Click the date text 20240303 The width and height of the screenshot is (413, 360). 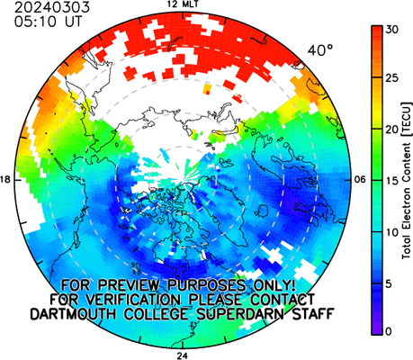52,7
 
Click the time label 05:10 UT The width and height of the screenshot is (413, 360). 48,22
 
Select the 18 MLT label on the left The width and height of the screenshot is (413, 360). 5,180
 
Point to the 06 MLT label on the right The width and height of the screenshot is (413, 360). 359,180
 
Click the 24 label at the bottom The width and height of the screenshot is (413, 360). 183,355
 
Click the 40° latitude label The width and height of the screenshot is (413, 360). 320,50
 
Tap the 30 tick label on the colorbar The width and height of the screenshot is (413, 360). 392,30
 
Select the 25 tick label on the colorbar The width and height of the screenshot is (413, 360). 392,78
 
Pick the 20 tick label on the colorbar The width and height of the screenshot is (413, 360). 392,130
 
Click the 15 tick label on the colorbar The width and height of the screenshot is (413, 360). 392,181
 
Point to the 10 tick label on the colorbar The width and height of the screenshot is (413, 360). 392,232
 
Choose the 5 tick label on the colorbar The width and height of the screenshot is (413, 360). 389,283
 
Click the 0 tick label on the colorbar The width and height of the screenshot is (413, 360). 389,331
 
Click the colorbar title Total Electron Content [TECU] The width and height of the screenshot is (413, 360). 407,181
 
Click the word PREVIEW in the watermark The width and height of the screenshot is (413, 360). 131,285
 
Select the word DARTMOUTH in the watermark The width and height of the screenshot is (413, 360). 74,314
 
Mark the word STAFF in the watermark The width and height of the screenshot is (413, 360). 313,314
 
